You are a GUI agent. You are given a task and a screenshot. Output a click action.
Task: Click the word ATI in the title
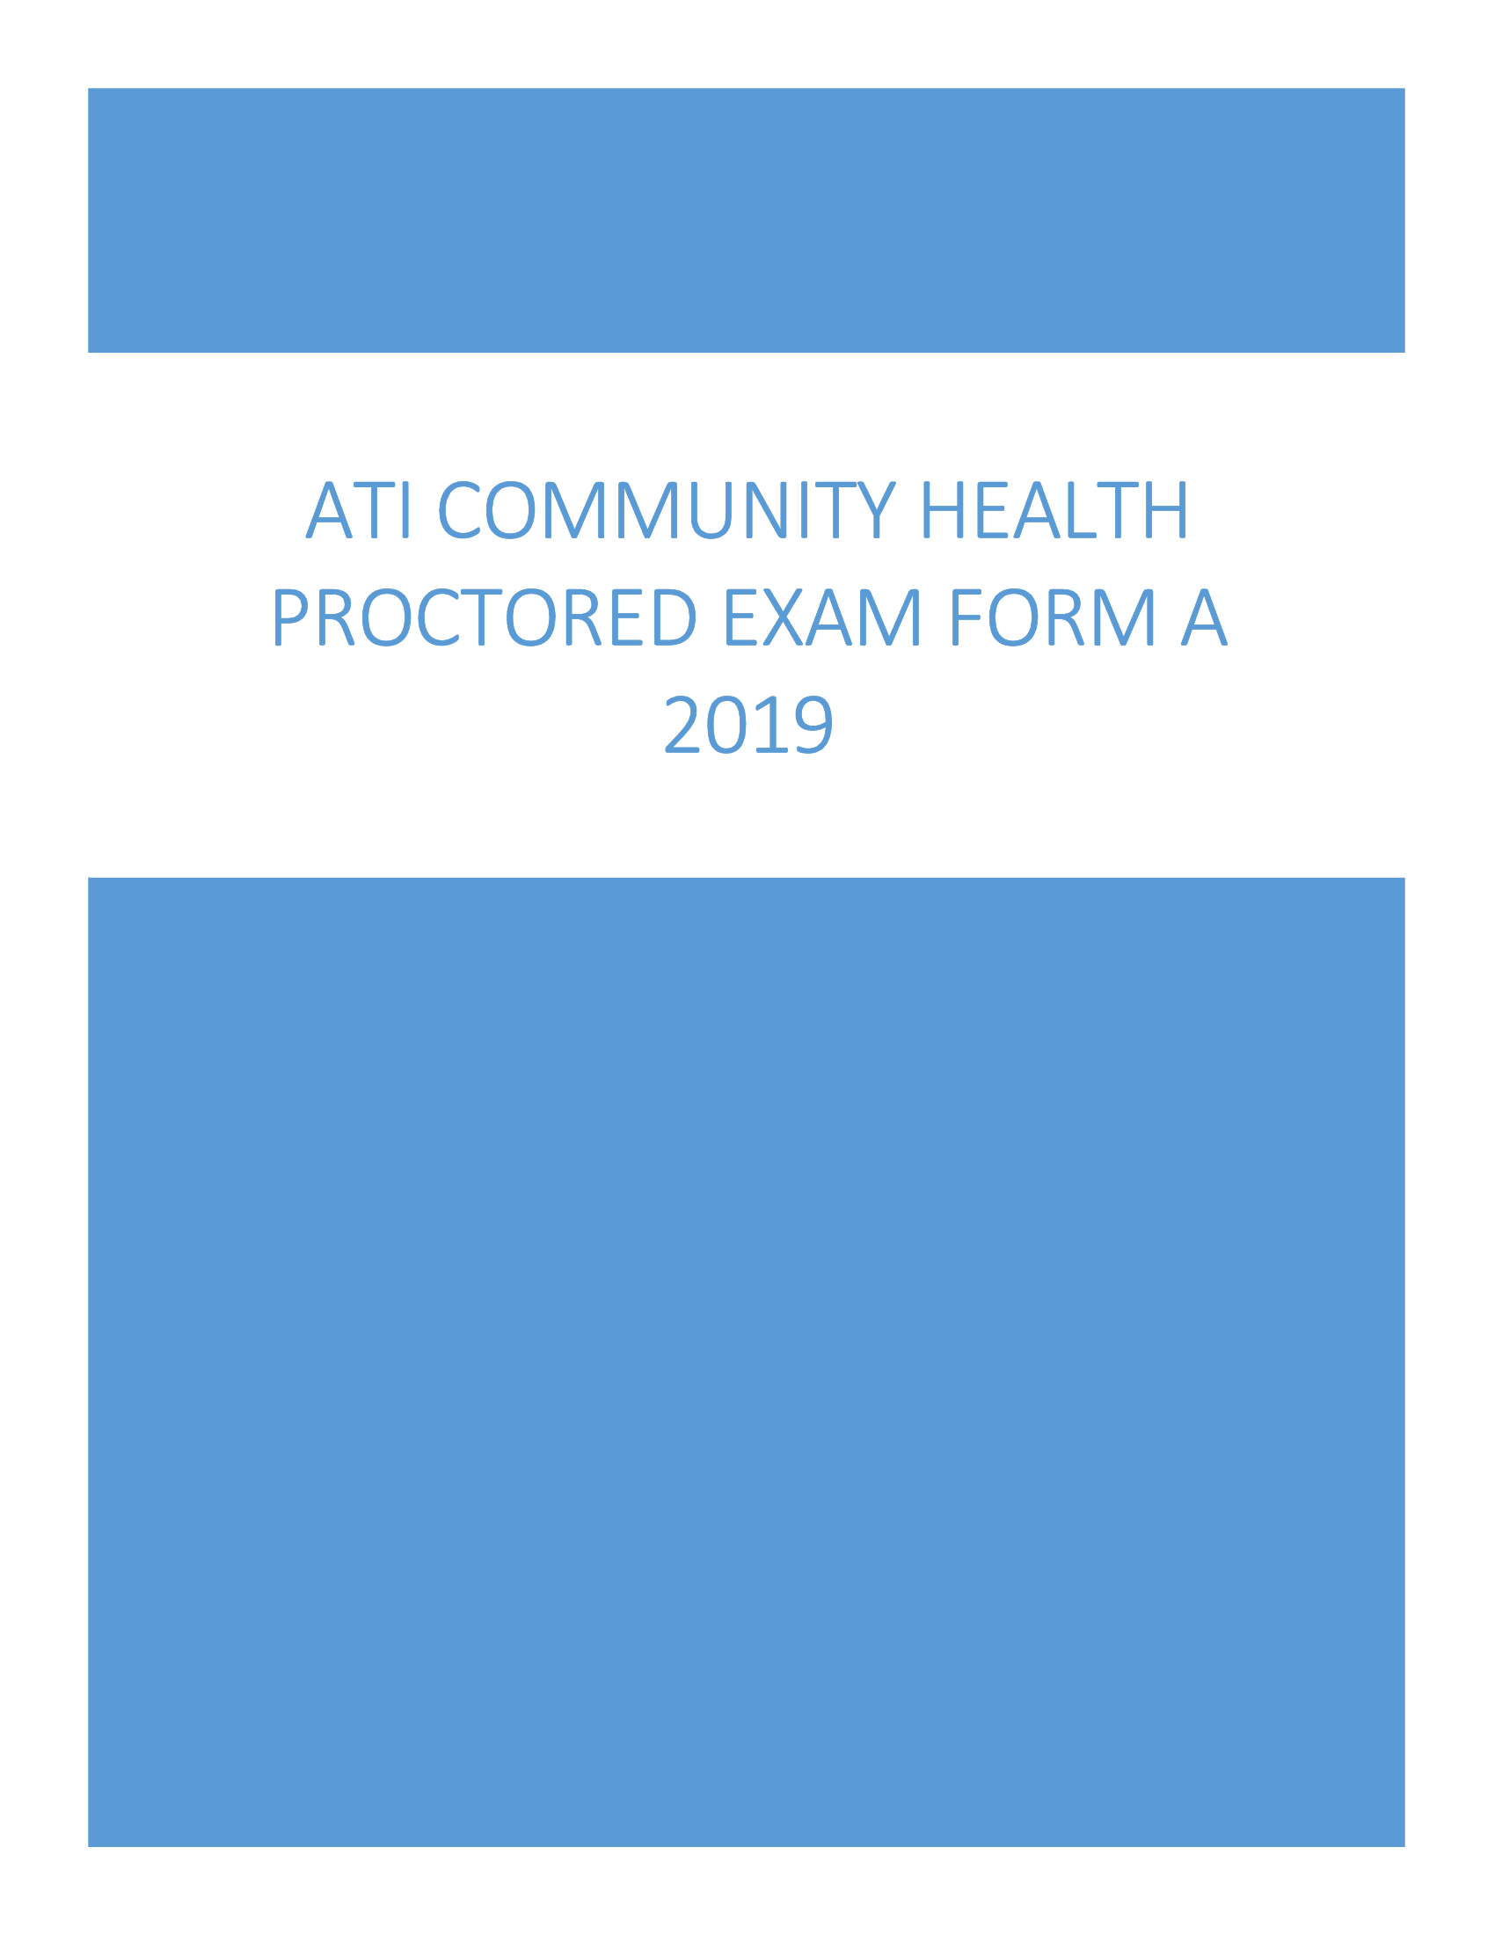pos(358,509)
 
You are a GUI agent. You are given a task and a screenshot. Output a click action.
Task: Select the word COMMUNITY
pos(667,509)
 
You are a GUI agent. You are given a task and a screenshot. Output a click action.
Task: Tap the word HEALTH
pos(1054,509)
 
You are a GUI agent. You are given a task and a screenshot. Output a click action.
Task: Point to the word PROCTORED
pos(485,617)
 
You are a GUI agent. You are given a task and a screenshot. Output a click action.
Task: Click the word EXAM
pos(823,617)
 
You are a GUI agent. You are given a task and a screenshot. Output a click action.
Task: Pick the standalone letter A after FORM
pos(1205,617)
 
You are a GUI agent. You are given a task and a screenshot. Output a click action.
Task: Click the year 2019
pos(748,725)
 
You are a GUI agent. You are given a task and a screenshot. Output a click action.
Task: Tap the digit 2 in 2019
pos(682,725)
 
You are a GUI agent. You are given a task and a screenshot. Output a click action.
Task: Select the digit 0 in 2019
pos(726,725)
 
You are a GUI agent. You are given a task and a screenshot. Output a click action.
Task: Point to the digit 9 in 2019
pos(814,725)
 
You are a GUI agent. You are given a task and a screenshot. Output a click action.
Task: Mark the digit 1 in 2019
pos(769,725)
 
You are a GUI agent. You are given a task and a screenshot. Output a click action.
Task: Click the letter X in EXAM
pos(783,617)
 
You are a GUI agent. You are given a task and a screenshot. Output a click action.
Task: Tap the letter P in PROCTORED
pos(289,617)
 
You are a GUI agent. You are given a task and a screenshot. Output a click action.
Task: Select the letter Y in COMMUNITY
pos(877,509)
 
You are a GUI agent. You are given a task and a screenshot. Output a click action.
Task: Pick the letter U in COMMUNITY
pos(711,509)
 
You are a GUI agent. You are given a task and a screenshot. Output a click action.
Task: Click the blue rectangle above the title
pos(747,220)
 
